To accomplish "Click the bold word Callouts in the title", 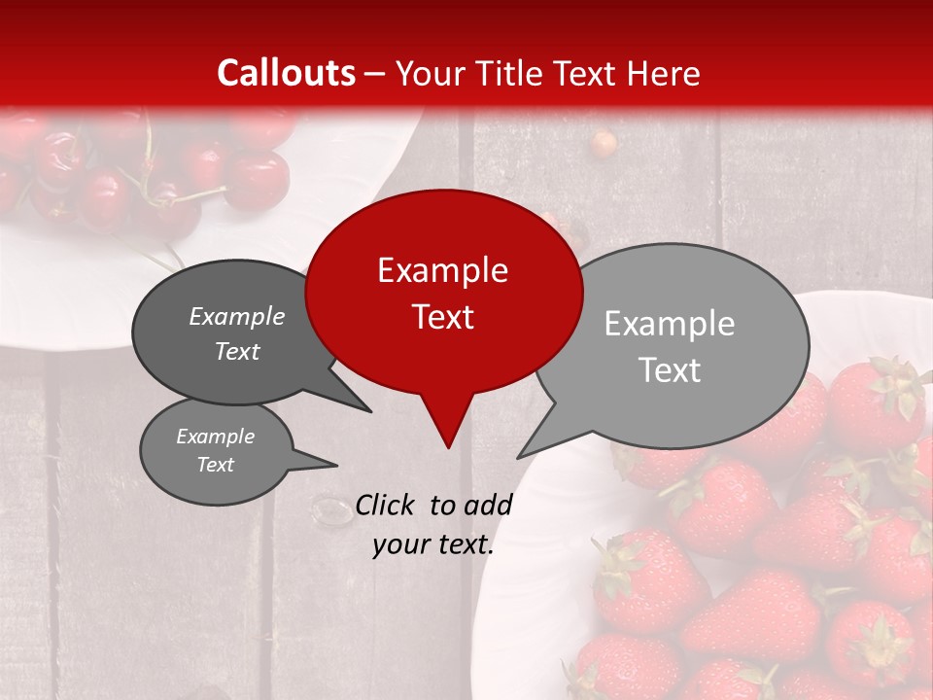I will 286,73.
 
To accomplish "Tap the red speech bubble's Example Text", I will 442,294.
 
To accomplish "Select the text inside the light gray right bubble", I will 670,346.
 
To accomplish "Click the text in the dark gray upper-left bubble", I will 237,333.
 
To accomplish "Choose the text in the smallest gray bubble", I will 216,450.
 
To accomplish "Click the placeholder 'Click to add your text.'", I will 433,525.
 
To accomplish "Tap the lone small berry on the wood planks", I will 605,144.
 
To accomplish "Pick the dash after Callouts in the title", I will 375,74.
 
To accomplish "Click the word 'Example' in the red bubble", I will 442,270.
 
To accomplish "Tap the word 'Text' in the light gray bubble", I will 670,370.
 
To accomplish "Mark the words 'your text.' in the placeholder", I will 433,545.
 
